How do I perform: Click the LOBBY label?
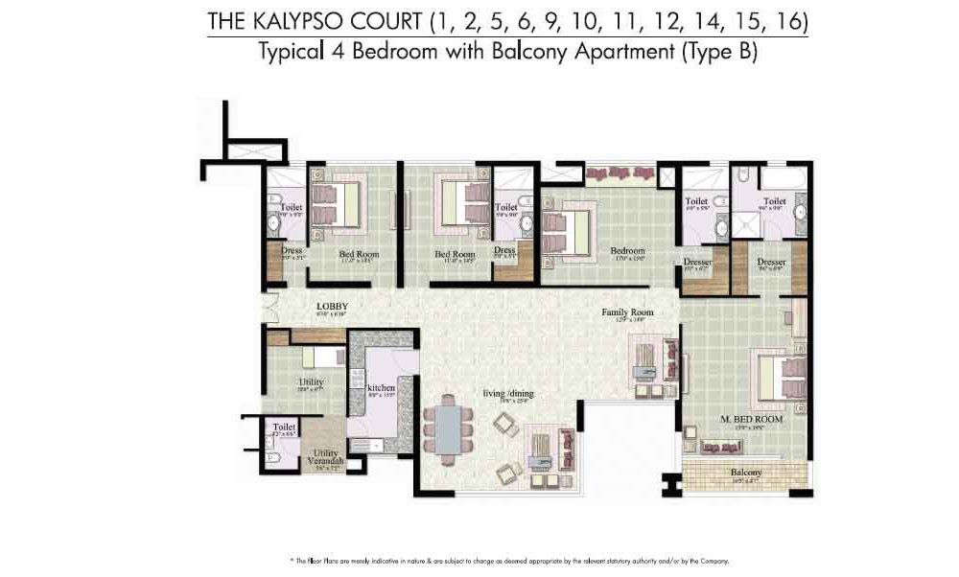click(x=332, y=308)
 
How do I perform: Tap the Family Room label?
click(x=627, y=312)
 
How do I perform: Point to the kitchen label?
click(x=381, y=388)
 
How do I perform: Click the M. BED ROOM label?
click(x=751, y=419)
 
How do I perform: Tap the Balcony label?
click(x=746, y=473)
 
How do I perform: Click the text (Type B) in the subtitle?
click(x=719, y=53)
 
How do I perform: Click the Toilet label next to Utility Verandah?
click(x=284, y=427)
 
